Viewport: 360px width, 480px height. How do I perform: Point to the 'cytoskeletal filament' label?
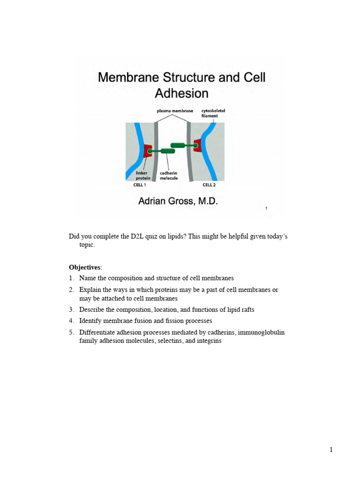210,113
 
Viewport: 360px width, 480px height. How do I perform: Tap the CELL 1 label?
140,185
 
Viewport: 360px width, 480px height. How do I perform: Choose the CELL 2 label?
209,185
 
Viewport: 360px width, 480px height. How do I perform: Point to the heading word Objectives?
85,267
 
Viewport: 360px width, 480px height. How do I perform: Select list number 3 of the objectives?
72,310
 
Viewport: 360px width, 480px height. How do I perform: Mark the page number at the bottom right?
331,450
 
